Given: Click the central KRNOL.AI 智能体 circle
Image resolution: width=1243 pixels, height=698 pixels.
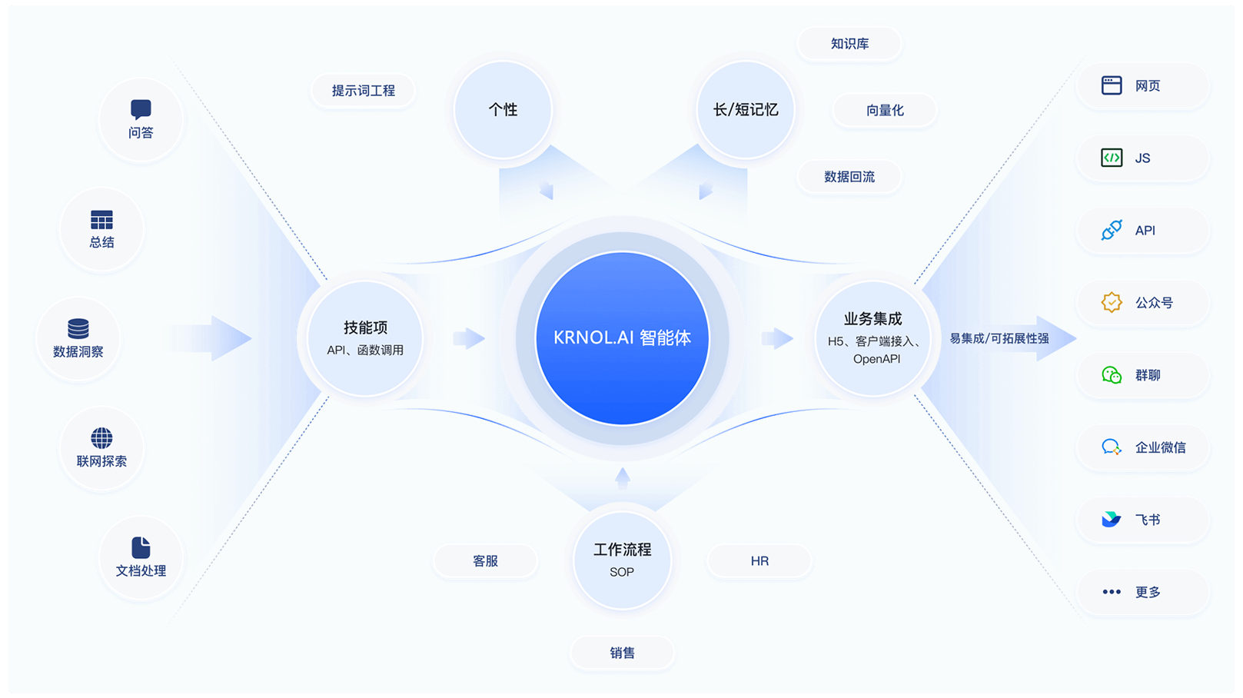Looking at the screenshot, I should pos(622,338).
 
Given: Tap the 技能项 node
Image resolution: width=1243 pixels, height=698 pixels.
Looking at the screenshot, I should pos(365,338).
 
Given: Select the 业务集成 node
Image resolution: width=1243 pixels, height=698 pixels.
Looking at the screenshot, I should pos(873,338).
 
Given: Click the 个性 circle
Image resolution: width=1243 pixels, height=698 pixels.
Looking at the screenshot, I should pos(503,110).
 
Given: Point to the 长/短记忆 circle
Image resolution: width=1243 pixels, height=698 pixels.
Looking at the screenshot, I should pos(745,110).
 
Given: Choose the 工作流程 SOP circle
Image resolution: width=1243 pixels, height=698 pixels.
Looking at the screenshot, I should pos(622,560).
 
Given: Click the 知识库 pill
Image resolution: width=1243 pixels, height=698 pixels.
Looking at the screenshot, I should pos(849,44).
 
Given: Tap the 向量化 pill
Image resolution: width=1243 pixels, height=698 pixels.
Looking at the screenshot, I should pos(885,111).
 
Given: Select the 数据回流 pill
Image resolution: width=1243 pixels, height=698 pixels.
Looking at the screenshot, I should pos(849,177).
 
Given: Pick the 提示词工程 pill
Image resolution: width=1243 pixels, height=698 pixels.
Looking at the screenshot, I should pos(363,91).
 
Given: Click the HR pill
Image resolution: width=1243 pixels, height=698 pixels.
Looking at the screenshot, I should pos(759,561).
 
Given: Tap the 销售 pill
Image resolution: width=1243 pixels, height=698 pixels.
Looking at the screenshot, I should pos(622,653).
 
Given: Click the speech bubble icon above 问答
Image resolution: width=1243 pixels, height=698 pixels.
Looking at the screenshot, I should pos(141,109).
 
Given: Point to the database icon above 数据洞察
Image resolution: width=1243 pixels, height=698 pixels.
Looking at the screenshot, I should pos(78,328).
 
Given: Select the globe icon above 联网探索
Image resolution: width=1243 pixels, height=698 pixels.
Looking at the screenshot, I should pos(101,438).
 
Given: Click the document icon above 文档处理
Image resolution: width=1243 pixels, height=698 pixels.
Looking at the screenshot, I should pos(141,547).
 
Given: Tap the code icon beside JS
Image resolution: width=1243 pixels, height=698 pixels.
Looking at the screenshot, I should pos(1112,158).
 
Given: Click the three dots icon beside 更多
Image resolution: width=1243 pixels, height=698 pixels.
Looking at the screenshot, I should pos(1112,592).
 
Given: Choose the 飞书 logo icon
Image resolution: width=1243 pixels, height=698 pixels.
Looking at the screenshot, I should pos(1111,520).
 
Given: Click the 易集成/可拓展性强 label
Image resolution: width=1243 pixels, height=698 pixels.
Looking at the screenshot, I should pos(999,338).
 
